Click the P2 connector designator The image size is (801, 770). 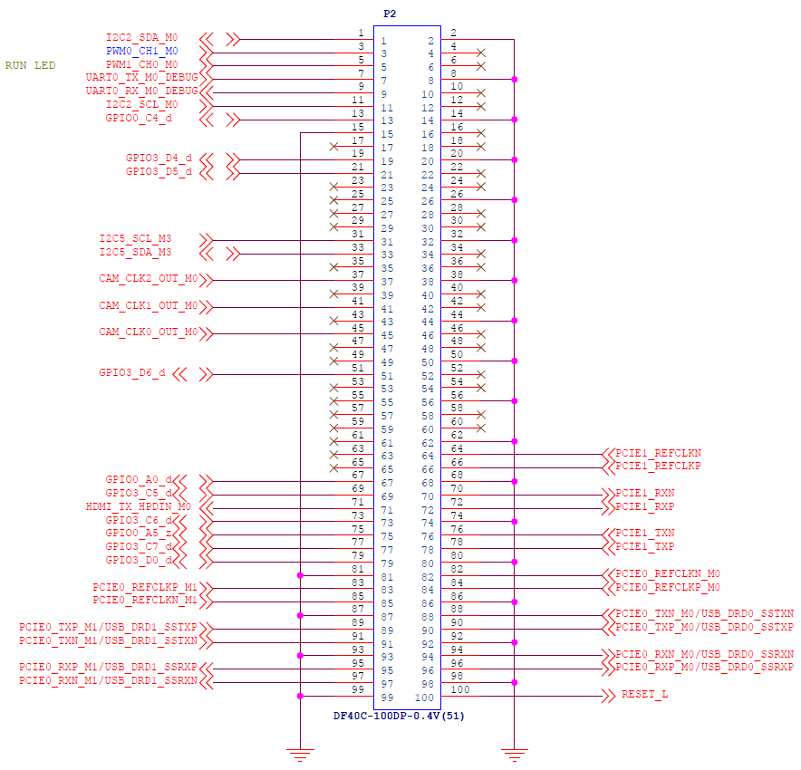point(390,14)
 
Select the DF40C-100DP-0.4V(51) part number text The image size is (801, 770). point(399,716)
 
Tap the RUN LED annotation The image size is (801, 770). point(30,65)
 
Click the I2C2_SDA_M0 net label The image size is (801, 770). point(141,38)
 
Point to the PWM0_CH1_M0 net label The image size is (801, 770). point(141,51)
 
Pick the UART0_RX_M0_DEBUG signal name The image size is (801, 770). point(141,91)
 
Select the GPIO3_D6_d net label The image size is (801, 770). point(131,372)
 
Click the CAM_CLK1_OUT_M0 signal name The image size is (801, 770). point(148,306)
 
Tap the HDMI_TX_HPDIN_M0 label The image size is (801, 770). point(138,507)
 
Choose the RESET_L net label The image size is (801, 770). point(644,695)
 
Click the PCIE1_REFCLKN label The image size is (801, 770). point(658,454)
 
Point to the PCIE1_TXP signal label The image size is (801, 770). point(644,547)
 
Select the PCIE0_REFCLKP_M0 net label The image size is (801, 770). point(668,588)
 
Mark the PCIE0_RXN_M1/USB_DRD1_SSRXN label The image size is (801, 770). point(109,680)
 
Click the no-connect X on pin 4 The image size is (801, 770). point(481,53)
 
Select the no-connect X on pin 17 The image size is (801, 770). point(334,147)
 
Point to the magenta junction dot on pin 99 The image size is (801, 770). point(300,696)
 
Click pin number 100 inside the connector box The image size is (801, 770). point(424,698)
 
